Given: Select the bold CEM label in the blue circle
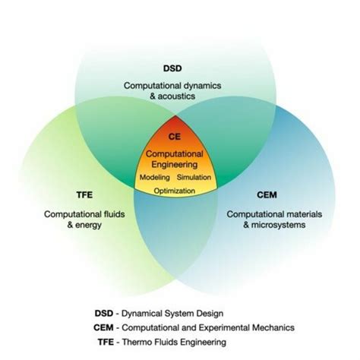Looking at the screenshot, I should point(267,194).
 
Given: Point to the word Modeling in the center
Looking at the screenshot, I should point(156,178).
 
